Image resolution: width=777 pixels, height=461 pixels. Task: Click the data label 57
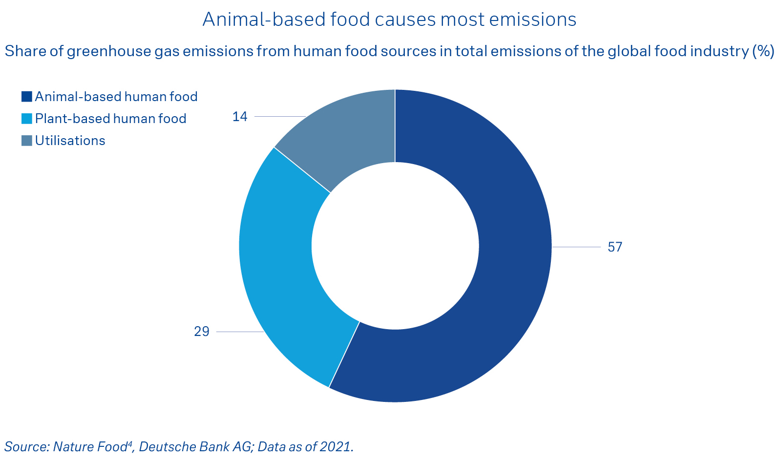click(615, 247)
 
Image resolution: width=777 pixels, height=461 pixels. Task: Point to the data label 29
click(202, 332)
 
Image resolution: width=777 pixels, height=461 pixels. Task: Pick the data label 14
click(240, 117)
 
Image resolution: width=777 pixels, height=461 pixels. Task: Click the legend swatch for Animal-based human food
click(27, 97)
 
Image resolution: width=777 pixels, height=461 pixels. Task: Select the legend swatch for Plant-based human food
click(27, 119)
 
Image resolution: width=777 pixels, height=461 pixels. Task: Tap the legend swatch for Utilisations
click(27, 141)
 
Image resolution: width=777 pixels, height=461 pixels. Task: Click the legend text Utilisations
click(70, 141)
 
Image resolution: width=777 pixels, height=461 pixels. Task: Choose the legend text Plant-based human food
click(111, 119)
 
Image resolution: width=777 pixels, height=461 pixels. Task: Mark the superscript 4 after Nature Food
click(130, 443)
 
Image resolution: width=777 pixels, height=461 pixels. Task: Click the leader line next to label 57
click(576, 247)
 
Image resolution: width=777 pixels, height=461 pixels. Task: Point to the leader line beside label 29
click(239, 332)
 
